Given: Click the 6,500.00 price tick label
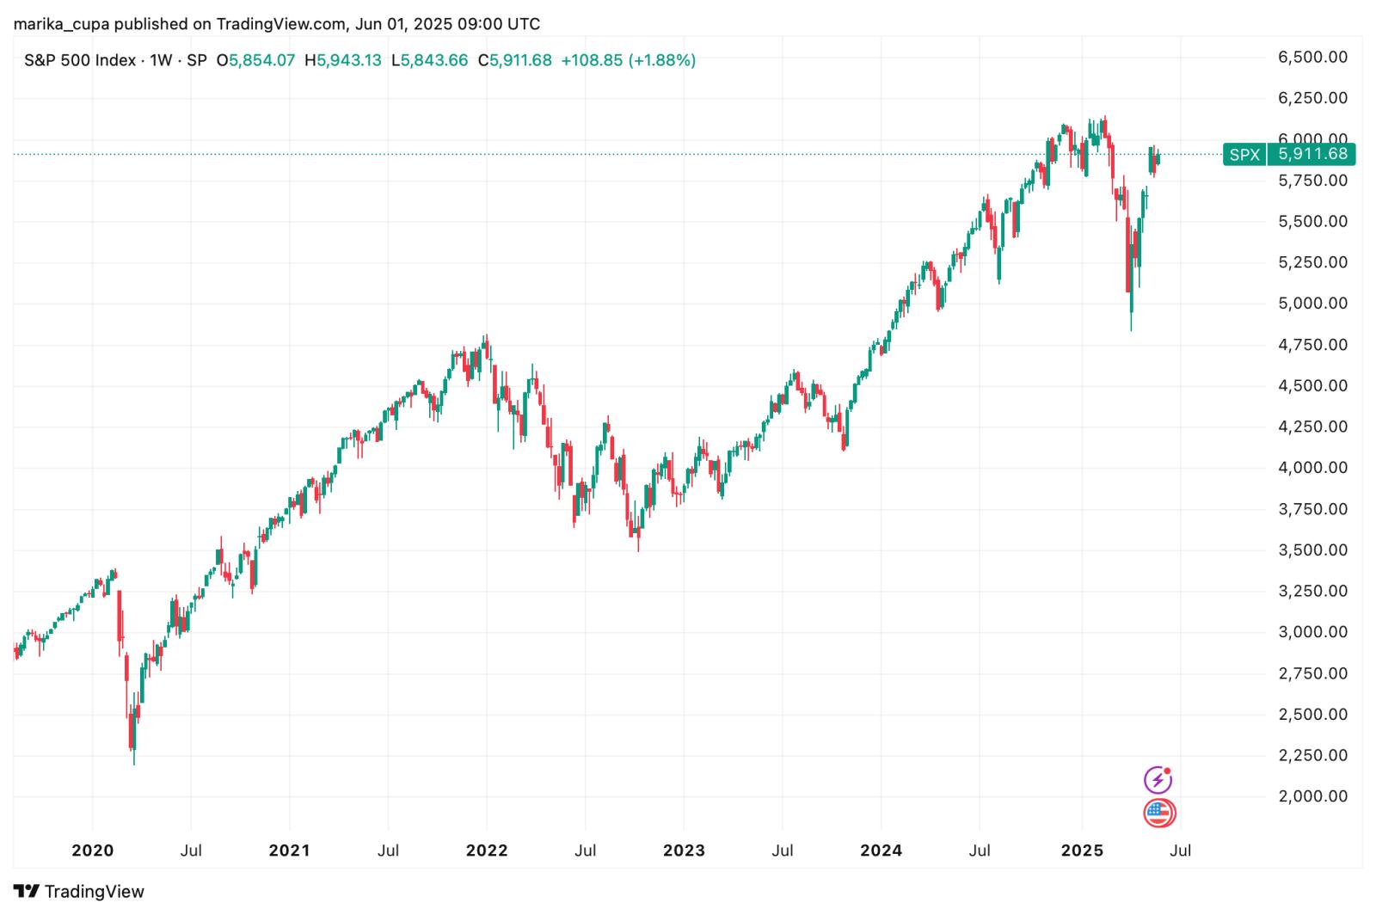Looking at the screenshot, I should pyautogui.click(x=1312, y=57).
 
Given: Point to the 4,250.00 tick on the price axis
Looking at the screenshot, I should pyautogui.click(x=1312, y=427).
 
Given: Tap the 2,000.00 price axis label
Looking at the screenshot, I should pyautogui.click(x=1312, y=796).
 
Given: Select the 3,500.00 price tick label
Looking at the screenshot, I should pyautogui.click(x=1312, y=550).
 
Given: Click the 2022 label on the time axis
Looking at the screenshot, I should pyautogui.click(x=487, y=851).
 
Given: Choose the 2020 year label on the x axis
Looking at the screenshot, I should pyautogui.click(x=92, y=851).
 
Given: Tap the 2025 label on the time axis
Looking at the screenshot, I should pyautogui.click(x=1082, y=851).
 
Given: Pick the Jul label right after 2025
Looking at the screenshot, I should pyautogui.click(x=1181, y=851).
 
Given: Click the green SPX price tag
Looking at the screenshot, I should pyautogui.click(x=1244, y=155).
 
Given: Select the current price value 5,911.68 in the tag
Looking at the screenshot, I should pyautogui.click(x=1312, y=155).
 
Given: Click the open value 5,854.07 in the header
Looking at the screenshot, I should pyautogui.click(x=261, y=60).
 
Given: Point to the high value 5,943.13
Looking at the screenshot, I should pyautogui.click(x=348, y=60).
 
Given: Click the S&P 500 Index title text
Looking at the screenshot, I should pyautogui.click(x=80, y=60).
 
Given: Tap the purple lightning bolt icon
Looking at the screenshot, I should pyautogui.click(x=1158, y=780).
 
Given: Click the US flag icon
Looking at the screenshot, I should pyautogui.click(x=1159, y=813).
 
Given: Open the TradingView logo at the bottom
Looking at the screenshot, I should pyautogui.click(x=79, y=891).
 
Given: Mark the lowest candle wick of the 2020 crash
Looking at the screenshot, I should pyautogui.click(x=134, y=762).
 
